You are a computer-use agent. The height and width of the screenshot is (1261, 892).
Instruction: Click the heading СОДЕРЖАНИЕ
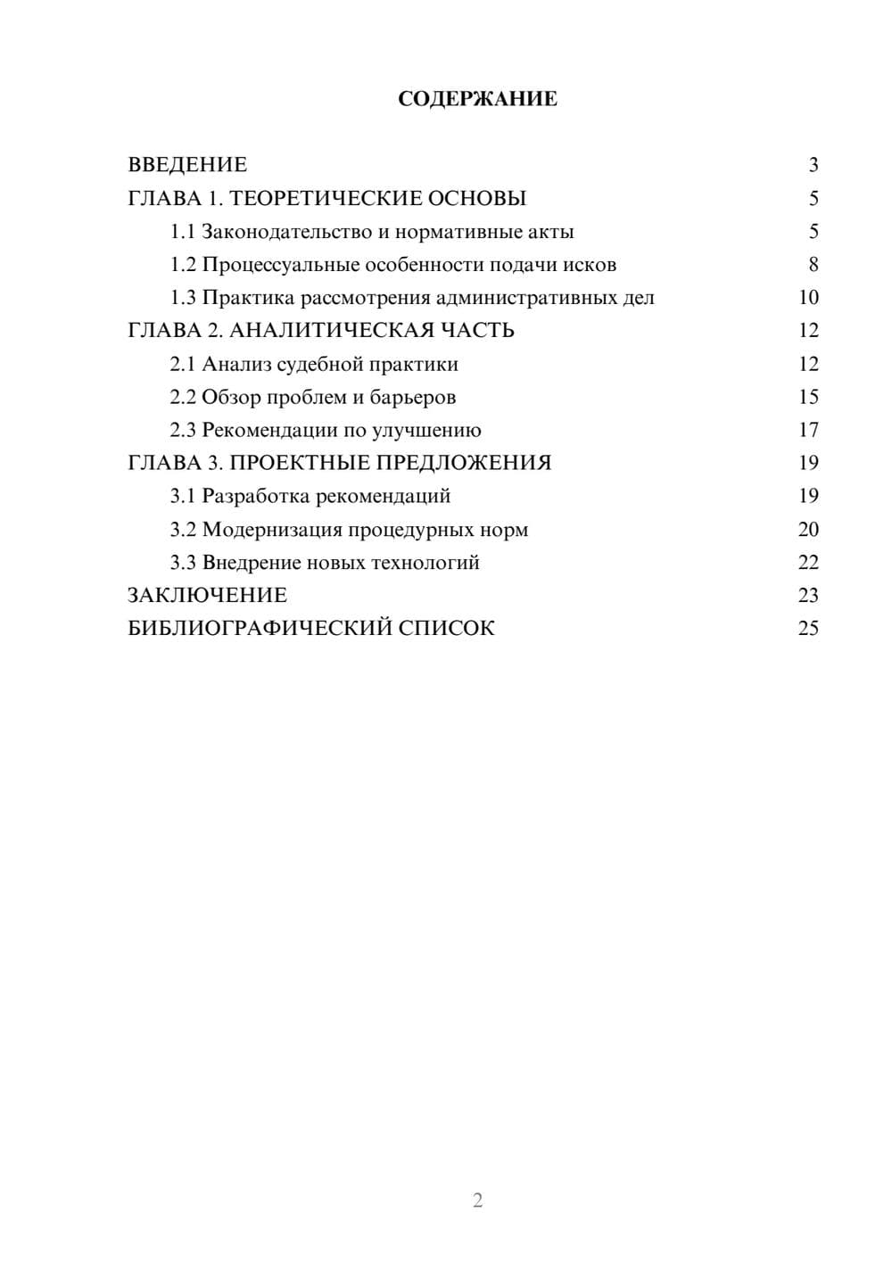click(477, 99)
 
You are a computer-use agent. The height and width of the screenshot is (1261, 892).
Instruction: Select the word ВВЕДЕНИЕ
click(187, 165)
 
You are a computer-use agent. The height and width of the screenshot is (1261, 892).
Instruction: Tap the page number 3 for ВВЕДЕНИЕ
click(813, 165)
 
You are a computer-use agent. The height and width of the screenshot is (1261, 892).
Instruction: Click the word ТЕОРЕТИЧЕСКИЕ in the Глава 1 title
click(318, 198)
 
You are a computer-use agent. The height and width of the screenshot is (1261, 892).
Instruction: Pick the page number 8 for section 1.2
click(813, 265)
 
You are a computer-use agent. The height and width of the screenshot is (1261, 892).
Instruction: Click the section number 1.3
click(183, 298)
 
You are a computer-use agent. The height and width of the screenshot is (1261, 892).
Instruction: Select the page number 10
click(808, 298)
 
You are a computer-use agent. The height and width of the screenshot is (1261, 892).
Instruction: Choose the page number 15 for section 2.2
click(808, 397)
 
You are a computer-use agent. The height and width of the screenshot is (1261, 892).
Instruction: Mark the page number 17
click(808, 430)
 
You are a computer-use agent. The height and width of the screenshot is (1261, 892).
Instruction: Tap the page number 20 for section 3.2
click(808, 530)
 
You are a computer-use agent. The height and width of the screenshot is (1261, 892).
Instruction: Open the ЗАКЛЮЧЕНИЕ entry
click(208, 596)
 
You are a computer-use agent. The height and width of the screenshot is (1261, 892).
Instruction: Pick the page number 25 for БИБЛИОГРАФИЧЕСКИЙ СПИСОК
click(808, 629)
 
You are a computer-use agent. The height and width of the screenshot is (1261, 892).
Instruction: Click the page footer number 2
click(477, 1200)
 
